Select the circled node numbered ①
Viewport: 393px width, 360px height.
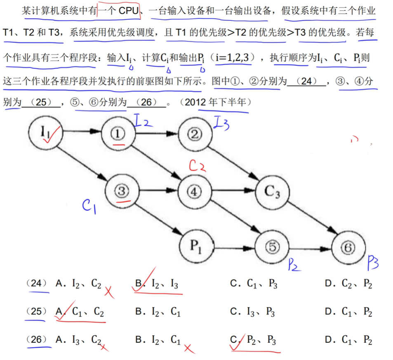(x=119, y=133)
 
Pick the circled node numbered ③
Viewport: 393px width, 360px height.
(x=122, y=191)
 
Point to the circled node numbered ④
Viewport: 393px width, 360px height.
(x=195, y=191)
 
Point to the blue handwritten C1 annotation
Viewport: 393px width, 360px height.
(x=89, y=206)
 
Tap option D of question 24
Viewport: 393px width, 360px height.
(x=348, y=284)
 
